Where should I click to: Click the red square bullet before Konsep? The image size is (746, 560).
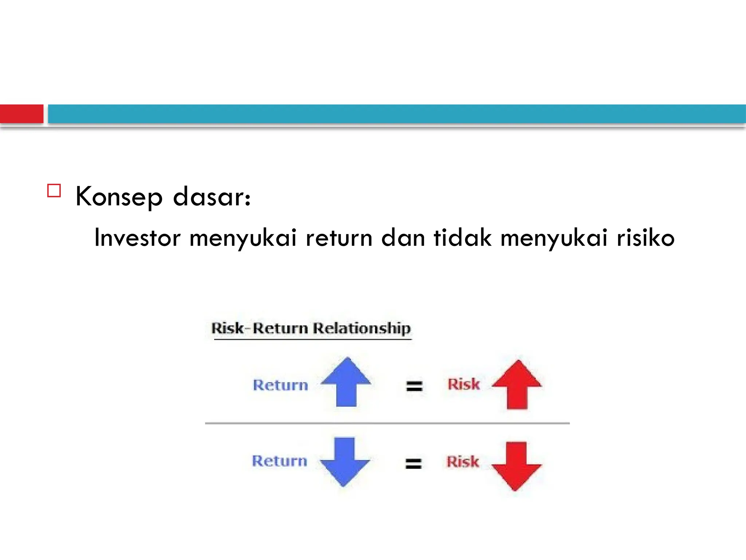tap(54, 191)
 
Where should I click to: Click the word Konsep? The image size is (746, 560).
tap(119, 197)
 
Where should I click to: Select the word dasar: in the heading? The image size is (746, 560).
tap(212, 197)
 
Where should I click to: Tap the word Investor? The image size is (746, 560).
tap(137, 238)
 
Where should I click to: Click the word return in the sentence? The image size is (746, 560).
tap(339, 238)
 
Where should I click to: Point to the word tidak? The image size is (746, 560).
tap(462, 238)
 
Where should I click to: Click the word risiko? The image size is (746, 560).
tap(645, 238)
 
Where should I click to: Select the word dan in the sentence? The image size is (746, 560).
tap(403, 238)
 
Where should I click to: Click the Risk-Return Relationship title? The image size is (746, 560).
tap(311, 328)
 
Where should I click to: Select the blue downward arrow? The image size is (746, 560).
tap(345, 462)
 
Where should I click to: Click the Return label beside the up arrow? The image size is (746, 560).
tap(280, 385)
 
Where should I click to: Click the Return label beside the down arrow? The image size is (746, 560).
tap(279, 461)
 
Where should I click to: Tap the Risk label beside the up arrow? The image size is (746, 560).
tap(463, 384)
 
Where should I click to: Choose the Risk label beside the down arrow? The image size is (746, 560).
tap(463, 462)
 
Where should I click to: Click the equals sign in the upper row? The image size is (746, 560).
tap(414, 386)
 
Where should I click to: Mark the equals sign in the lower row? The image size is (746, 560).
tap(413, 463)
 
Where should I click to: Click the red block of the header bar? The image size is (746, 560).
tap(21, 114)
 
